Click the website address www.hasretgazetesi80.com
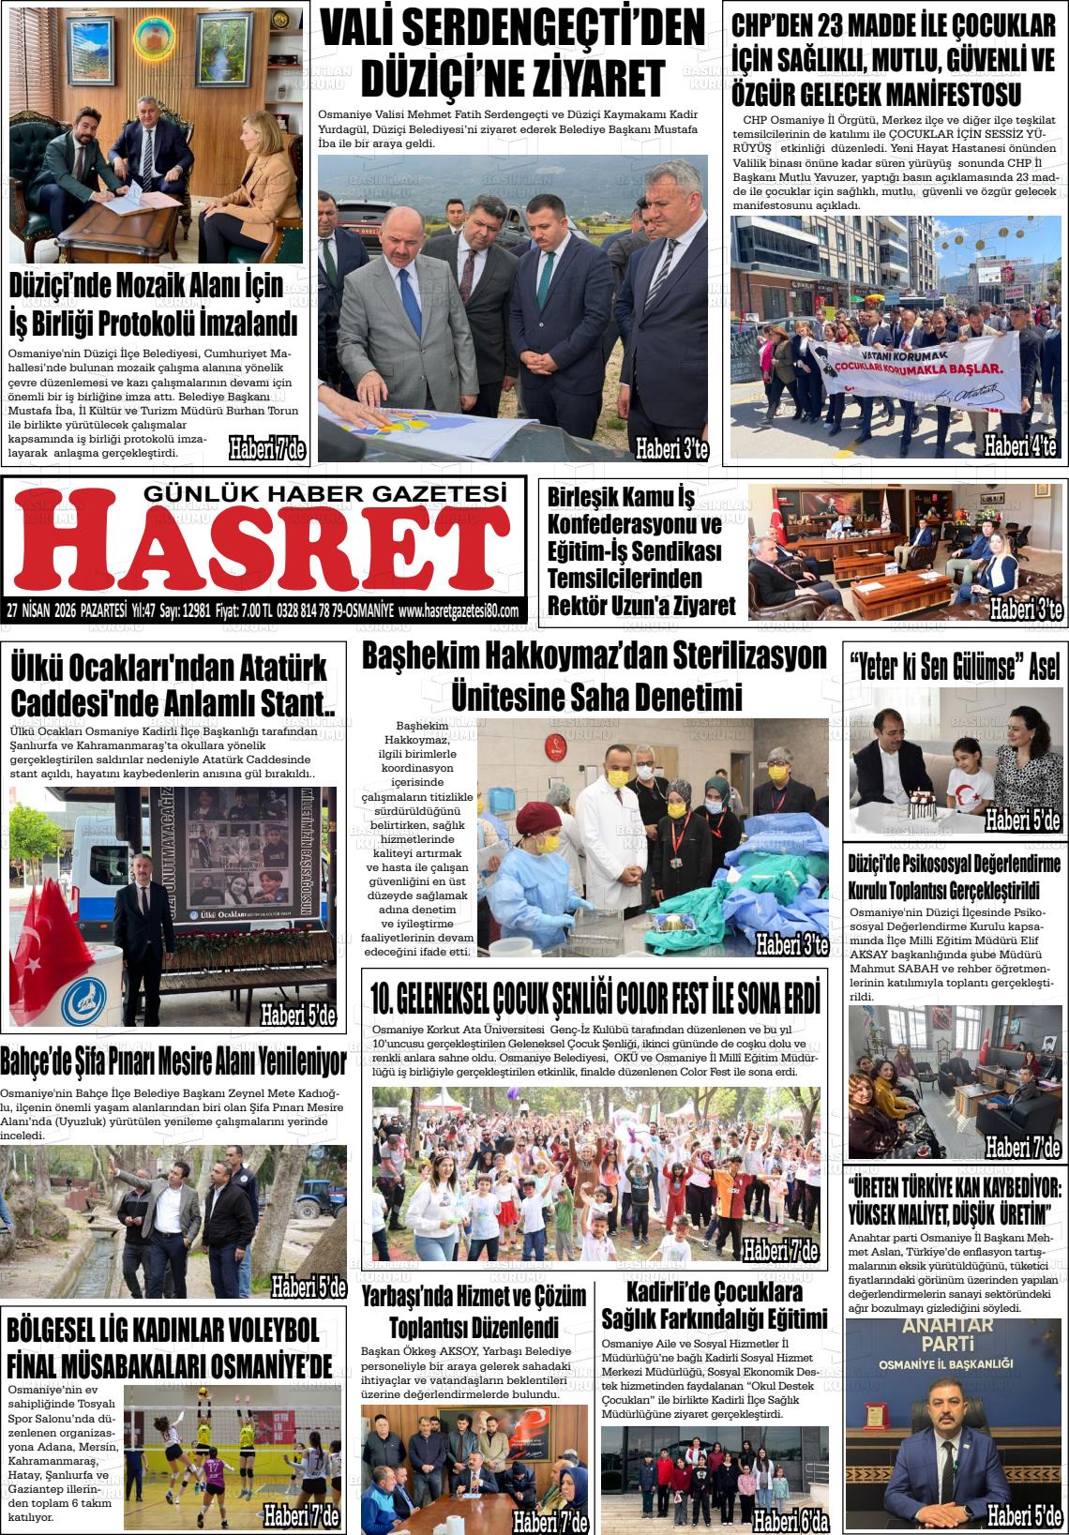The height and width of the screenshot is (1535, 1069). pos(458,610)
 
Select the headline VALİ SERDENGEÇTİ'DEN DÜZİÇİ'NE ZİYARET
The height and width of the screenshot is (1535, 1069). pos(512,53)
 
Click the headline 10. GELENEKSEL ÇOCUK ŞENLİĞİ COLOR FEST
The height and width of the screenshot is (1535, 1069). pos(595,998)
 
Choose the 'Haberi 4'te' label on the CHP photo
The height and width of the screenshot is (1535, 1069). pos(1019,445)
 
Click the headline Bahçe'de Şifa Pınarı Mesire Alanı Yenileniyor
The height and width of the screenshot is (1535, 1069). pos(173,1061)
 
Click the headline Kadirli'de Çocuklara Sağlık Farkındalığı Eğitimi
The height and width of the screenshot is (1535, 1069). pos(714,1306)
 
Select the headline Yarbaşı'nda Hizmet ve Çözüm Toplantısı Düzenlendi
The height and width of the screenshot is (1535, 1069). pos(474,1311)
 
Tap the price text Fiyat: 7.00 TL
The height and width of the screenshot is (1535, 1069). pos(243,610)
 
